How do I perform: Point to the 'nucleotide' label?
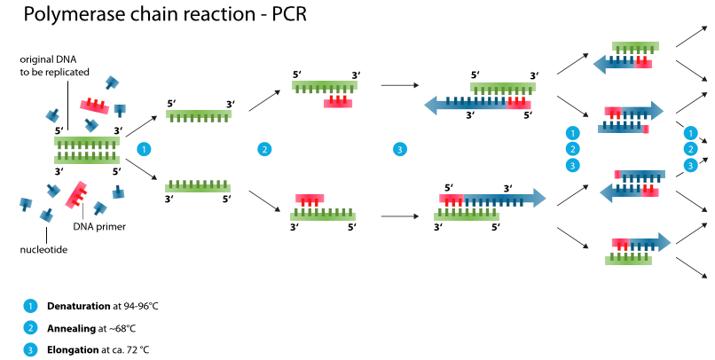[43, 249]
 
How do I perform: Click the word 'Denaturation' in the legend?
[78, 306]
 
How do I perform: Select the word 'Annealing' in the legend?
[71, 328]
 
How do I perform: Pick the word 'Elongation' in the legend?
[73, 350]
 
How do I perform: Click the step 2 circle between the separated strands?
[263, 149]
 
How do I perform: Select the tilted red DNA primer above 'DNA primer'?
[76, 193]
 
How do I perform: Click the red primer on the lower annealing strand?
[309, 199]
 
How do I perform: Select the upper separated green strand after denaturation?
[200, 113]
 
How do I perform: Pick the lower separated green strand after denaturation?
[199, 186]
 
